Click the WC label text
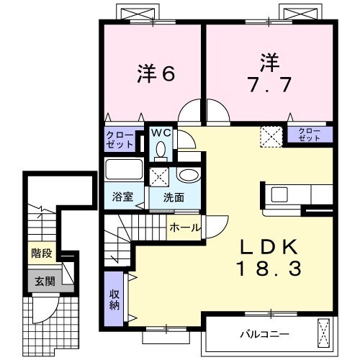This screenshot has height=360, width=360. point(160,132)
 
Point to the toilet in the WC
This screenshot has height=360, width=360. point(160,148)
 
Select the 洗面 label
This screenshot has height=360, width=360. point(173,197)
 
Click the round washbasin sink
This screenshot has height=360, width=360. point(189,176)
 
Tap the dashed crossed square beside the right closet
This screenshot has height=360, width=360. point(271,135)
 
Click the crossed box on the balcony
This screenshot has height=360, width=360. point(323,333)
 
